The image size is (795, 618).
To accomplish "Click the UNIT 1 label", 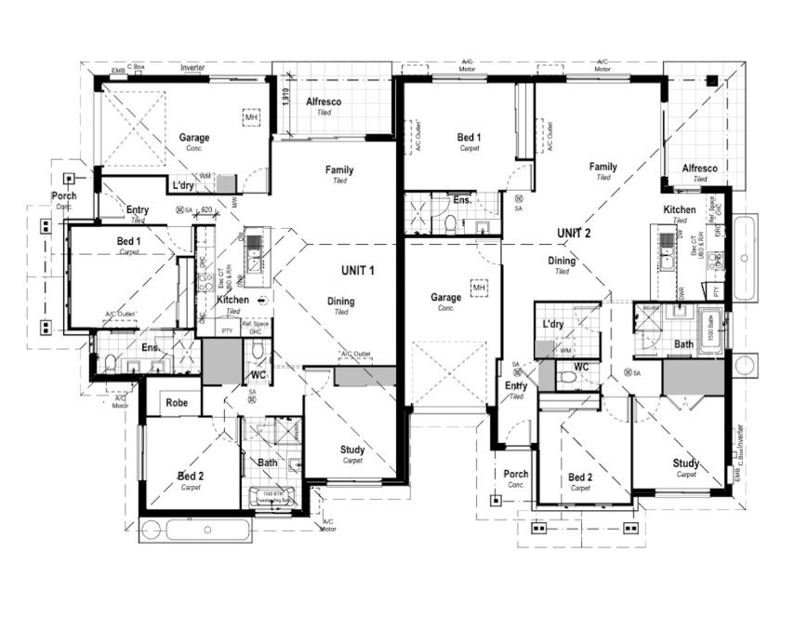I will [x=357, y=271].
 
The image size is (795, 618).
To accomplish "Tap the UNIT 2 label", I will [x=574, y=233].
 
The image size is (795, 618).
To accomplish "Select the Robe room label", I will [x=177, y=403].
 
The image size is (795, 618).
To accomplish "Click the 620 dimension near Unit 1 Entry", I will [x=207, y=211].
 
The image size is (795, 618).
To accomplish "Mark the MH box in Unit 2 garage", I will [x=480, y=289].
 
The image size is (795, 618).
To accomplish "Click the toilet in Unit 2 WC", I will [x=568, y=378].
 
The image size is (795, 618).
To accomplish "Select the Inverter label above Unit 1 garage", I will [x=192, y=68].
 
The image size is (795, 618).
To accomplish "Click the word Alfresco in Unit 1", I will [x=324, y=101].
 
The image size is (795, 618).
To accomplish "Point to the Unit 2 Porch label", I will [x=516, y=475].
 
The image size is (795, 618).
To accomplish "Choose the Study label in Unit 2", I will [x=686, y=463].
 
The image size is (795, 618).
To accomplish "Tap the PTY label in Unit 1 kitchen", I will [x=227, y=330].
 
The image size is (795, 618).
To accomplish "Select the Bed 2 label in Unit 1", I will [x=191, y=477].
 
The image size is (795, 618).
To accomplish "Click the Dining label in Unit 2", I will [x=562, y=262].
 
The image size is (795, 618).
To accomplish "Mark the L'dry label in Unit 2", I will [x=554, y=324].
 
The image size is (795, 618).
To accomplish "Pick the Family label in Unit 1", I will [x=338, y=170].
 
